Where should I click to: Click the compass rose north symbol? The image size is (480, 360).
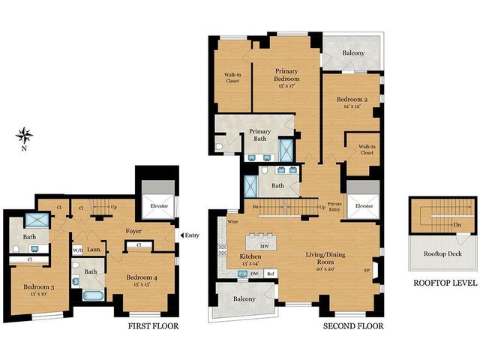click(24, 136)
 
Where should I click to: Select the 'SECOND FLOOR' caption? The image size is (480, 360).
click(353, 326)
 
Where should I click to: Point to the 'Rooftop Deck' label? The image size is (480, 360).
click(443, 253)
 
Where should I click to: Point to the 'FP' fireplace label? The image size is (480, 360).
click(367, 270)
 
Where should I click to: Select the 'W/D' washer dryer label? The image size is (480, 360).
click(77, 250)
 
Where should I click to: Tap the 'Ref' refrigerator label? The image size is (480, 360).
click(271, 274)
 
